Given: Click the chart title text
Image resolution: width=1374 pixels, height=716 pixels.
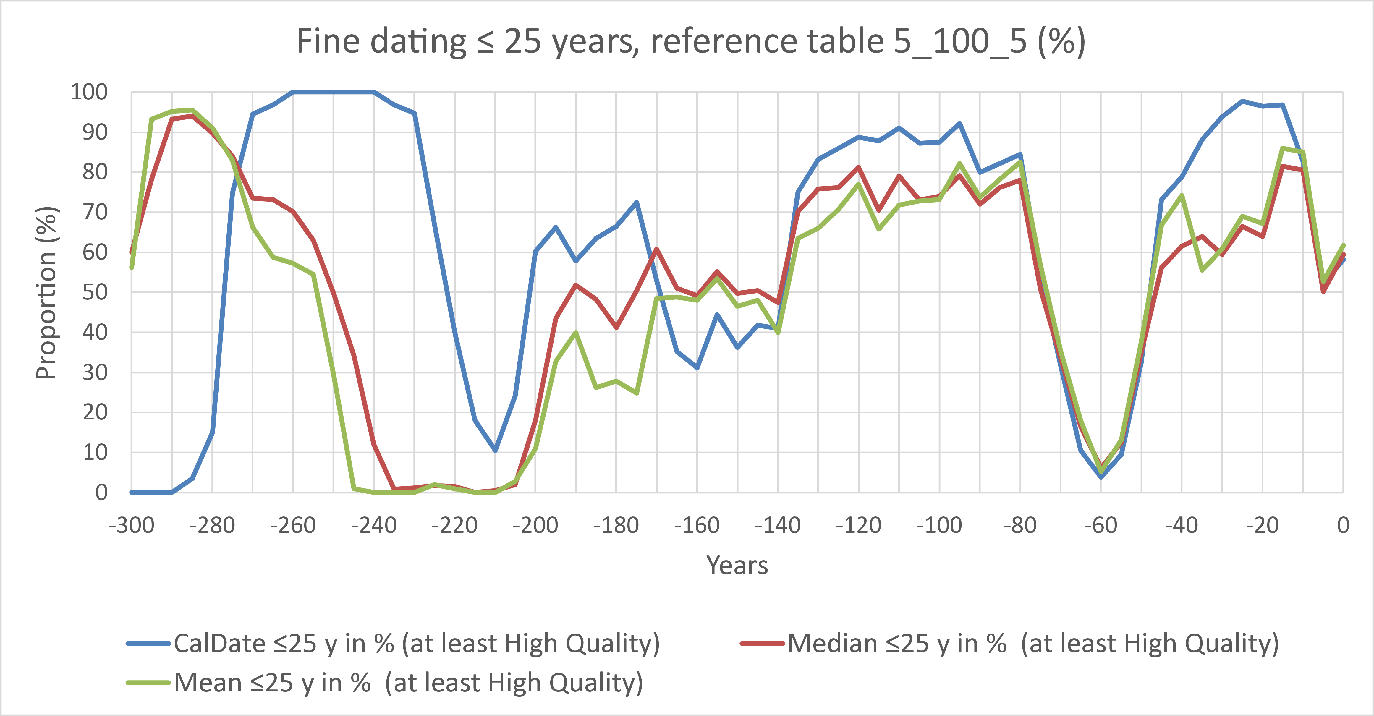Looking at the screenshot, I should (x=691, y=42).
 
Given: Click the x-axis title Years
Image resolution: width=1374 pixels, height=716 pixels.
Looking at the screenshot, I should (x=737, y=566).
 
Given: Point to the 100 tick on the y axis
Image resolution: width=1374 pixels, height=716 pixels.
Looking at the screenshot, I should (x=89, y=92).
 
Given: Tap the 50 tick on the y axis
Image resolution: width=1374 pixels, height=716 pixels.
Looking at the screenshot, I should (x=95, y=292).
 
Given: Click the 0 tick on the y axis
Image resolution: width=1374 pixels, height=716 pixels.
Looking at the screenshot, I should (x=101, y=493).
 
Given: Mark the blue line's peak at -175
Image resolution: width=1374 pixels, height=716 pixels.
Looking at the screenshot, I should (x=636, y=202).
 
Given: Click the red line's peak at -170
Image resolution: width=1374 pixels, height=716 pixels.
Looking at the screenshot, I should (x=657, y=248).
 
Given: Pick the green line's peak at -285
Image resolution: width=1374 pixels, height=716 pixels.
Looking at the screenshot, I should (x=192, y=110).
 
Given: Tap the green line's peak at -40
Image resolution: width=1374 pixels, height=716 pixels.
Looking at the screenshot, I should (x=1182, y=195).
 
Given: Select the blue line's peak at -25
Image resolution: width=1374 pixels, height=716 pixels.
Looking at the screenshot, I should (x=1242, y=101).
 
